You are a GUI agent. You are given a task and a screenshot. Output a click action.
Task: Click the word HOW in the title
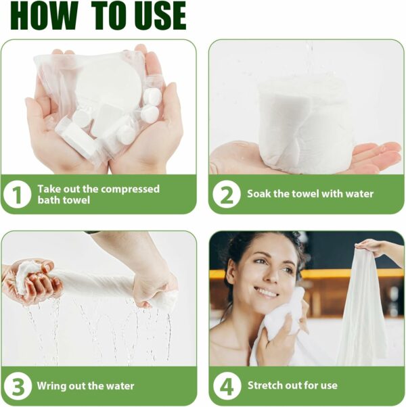click(x=44, y=16)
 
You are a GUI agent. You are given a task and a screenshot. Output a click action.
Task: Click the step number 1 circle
click(x=18, y=194)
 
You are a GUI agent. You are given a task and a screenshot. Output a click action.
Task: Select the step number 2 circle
click(x=227, y=194)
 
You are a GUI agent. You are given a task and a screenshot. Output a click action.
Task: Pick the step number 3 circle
click(x=18, y=386)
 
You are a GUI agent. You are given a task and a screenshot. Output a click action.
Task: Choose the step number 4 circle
click(x=227, y=386)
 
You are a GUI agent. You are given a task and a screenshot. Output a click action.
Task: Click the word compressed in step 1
click(x=130, y=189)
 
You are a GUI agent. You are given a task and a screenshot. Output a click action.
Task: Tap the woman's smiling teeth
click(x=267, y=293)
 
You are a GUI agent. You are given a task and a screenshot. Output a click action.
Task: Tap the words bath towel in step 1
click(x=64, y=200)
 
